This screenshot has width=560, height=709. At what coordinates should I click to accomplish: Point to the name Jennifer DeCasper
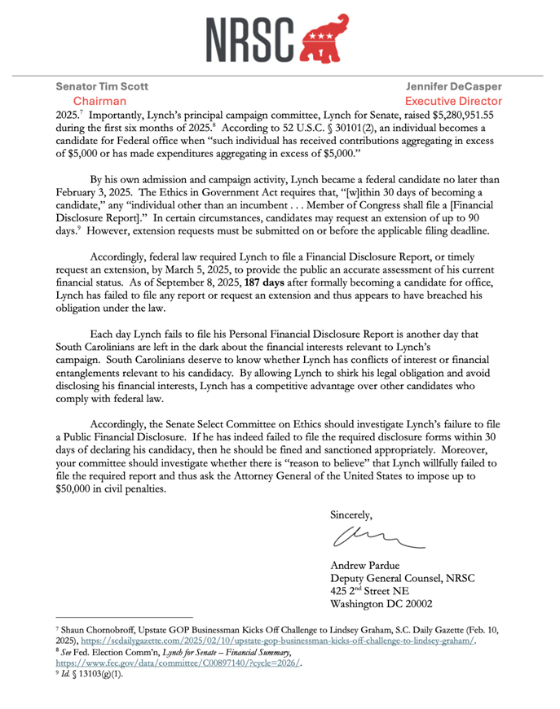pyautogui.click(x=456, y=86)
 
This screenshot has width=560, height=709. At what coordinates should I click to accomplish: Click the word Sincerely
pyautogui.click(x=351, y=514)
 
